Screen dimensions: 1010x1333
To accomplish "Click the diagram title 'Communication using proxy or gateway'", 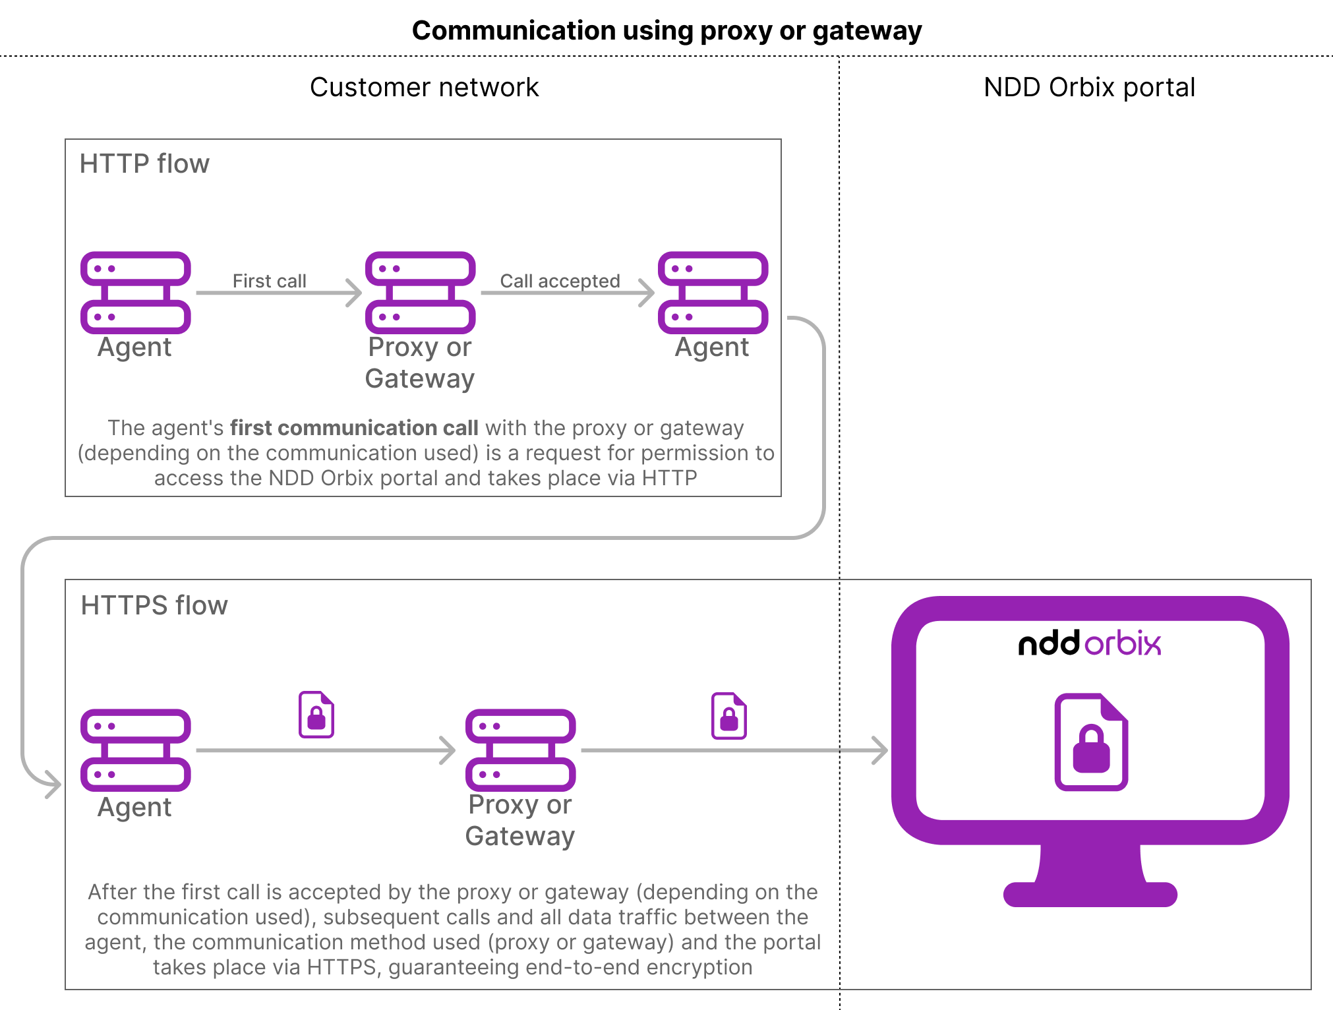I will tap(666, 31).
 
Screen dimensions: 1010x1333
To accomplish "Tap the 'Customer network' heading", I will tap(424, 88).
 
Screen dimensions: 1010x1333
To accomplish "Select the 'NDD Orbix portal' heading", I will tap(1089, 88).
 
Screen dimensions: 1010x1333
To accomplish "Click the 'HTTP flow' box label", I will tap(144, 164).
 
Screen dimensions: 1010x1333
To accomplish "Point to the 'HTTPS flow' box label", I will tap(154, 605).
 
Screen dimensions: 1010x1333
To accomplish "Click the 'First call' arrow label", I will tap(269, 281).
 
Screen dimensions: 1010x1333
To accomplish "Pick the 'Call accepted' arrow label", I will tap(560, 281).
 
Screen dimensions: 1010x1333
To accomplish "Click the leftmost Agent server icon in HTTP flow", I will tap(136, 293).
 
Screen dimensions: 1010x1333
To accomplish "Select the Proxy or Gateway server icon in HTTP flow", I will tap(421, 293).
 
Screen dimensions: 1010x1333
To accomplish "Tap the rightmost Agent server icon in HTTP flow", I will tap(713, 293).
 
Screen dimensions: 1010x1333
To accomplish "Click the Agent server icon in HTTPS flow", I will tap(136, 750).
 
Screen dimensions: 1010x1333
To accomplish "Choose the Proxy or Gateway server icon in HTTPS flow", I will tap(520, 750).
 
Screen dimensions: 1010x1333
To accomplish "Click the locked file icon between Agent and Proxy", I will tap(316, 715).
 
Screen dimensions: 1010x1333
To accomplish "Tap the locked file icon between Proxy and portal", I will tap(729, 716).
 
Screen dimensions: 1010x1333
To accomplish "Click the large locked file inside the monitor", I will tap(1091, 742).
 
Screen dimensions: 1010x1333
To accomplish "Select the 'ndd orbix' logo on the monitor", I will tap(1090, 643).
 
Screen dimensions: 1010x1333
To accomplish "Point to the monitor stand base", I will tap(1090, 893).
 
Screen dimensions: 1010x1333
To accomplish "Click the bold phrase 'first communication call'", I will tap(354, 428).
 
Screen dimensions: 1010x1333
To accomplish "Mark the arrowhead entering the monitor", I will tap(881, 750).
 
